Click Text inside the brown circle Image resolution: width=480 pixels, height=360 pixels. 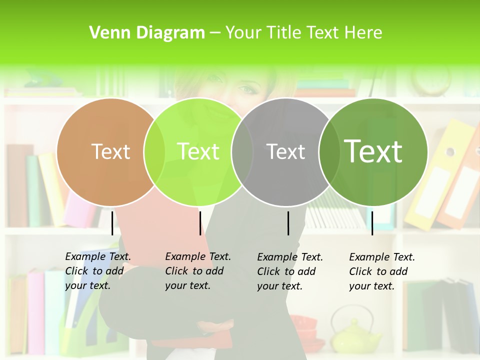tap(110, 151)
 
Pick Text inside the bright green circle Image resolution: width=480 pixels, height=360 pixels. tap(198, 151)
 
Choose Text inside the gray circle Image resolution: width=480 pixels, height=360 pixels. tap(286, 151)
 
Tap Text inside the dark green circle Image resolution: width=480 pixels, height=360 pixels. tap(373, 151)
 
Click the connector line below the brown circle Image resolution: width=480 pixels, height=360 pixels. tap(112, 222)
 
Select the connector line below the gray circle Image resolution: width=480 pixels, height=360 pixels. tap(288, 222)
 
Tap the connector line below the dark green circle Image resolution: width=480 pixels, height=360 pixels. tap(372, 222)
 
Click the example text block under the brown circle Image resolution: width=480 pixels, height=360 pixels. tap(98, 271)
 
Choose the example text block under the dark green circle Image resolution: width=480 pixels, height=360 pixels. tap(382, 271)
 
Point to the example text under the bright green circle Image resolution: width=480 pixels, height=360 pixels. tap(198, 271)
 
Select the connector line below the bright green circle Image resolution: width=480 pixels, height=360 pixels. tap(200, 222)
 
